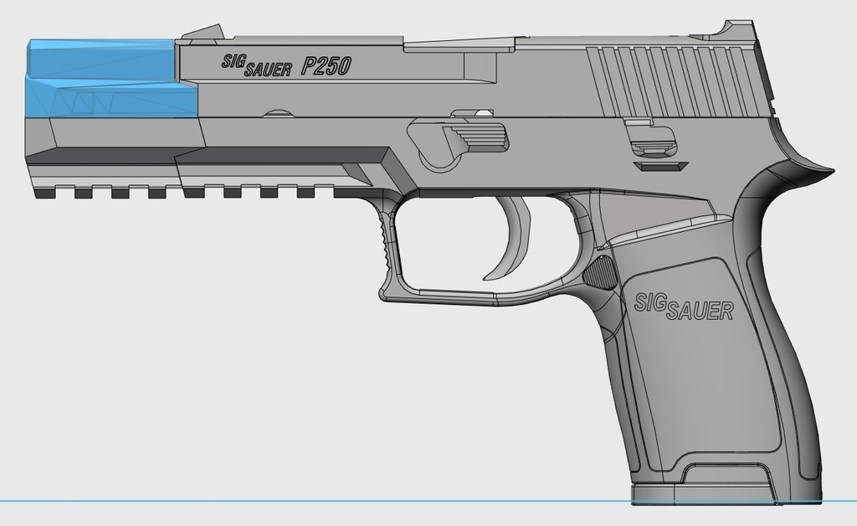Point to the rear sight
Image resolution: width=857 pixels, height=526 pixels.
[736, 28]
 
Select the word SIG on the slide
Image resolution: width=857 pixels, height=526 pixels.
[233, 61]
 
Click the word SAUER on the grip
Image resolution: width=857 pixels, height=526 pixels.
[700, 312]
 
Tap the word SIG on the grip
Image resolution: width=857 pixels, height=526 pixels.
[651, 302]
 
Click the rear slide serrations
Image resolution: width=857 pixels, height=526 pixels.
[670, 81]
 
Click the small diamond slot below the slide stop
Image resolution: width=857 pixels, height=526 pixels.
[660, 166]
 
